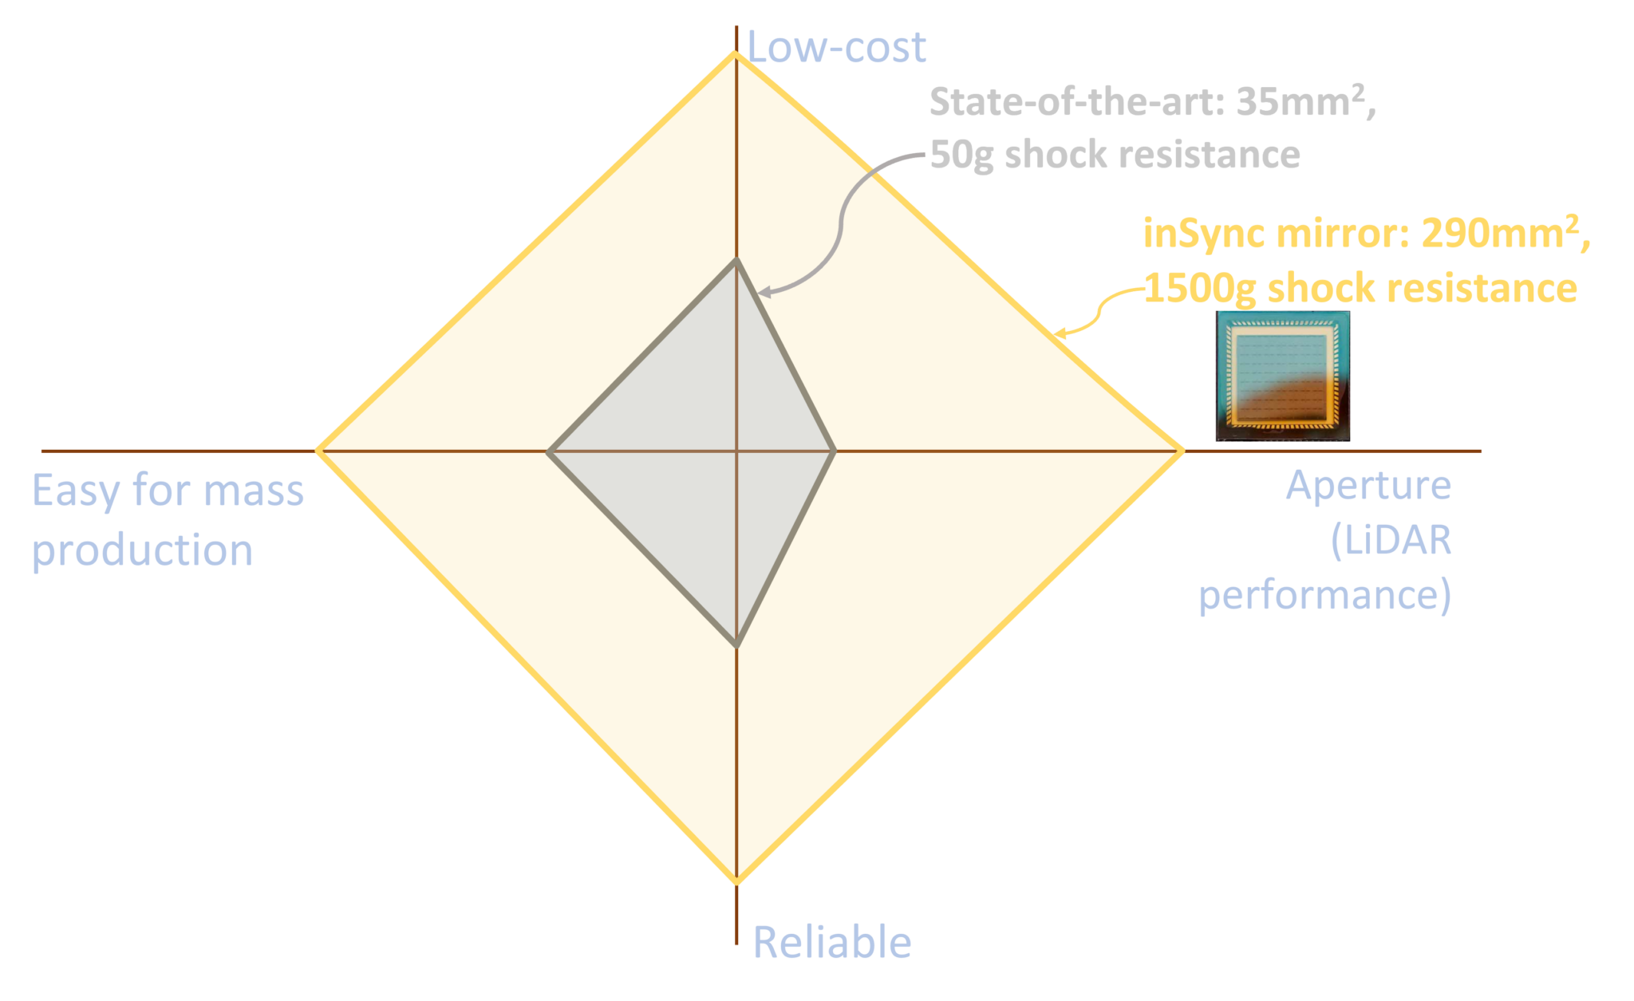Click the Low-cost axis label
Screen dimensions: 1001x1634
[x=836, y=48]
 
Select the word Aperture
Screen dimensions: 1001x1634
[x=1368, y=487]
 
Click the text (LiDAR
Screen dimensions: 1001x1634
[x=1391, y=541]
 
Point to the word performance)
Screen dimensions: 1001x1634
[x=1324, y=595]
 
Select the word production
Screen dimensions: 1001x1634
[x=142, y=550]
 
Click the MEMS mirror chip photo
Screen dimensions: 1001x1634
[x=1282, y=376]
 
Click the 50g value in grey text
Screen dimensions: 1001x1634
[x=961, y=155]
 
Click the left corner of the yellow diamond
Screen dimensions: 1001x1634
[x=317, y=451]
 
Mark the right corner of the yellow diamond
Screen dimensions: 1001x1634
[x=1183, y=451]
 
